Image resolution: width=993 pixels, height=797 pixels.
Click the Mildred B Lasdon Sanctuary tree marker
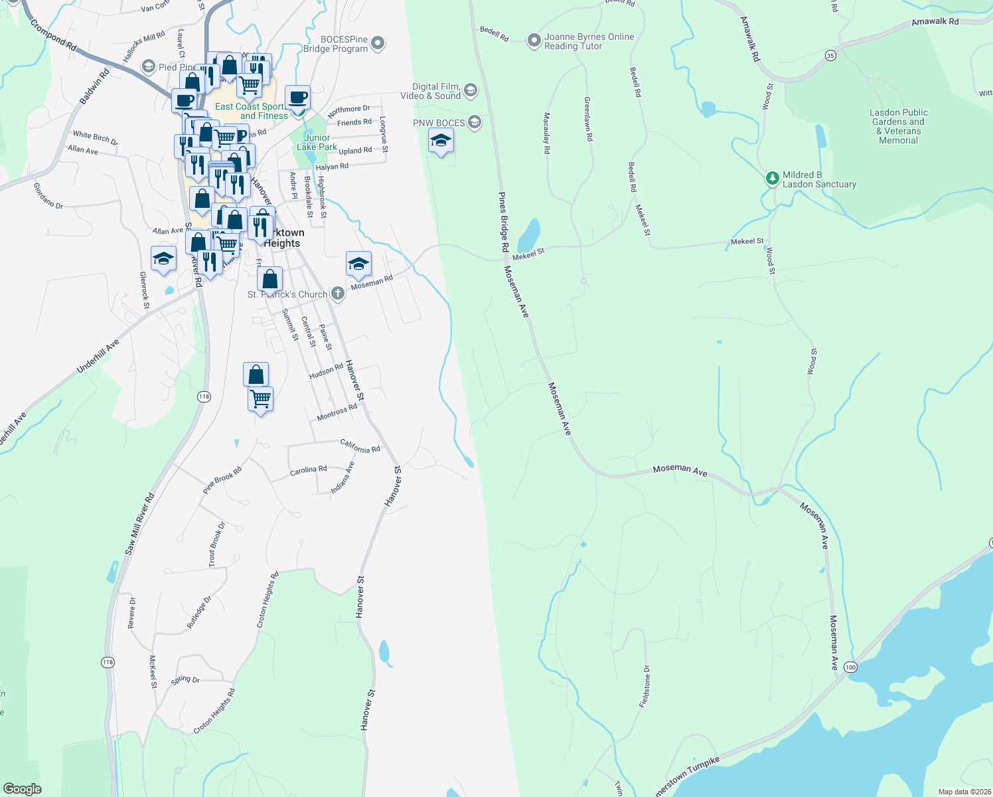[772, 178]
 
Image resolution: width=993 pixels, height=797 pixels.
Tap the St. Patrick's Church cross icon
[338, 294]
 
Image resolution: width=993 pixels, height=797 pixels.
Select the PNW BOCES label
[439, 123]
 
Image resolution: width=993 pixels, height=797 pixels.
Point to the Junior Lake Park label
[317, 142]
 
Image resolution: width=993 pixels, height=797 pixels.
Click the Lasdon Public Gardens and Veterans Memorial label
[898, 126]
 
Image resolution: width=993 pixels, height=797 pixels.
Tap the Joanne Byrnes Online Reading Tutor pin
[534, 41]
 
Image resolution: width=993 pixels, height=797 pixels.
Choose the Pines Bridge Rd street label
[504, 221]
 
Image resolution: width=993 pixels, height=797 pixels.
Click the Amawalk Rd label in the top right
[935, 22]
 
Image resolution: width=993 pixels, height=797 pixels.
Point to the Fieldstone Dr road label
[645, 686]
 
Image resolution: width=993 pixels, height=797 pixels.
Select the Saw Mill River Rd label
[140, 524]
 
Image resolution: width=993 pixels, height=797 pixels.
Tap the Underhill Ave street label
[98, 355]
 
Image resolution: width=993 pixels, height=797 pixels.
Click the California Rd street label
[360, 446]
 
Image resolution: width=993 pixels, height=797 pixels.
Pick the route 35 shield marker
[830, 56]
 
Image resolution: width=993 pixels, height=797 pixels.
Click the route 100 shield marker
[851, 667]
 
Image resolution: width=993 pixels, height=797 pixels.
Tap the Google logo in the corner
[23, 789]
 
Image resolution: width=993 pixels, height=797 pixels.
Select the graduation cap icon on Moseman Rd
[358, 265]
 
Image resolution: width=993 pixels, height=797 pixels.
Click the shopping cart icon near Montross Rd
[260, 400]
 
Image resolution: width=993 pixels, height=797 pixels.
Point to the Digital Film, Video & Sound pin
[471, 91]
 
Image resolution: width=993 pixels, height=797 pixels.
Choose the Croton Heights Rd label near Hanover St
[267, 599]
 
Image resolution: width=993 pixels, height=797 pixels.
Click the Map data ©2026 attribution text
[964, 792]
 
